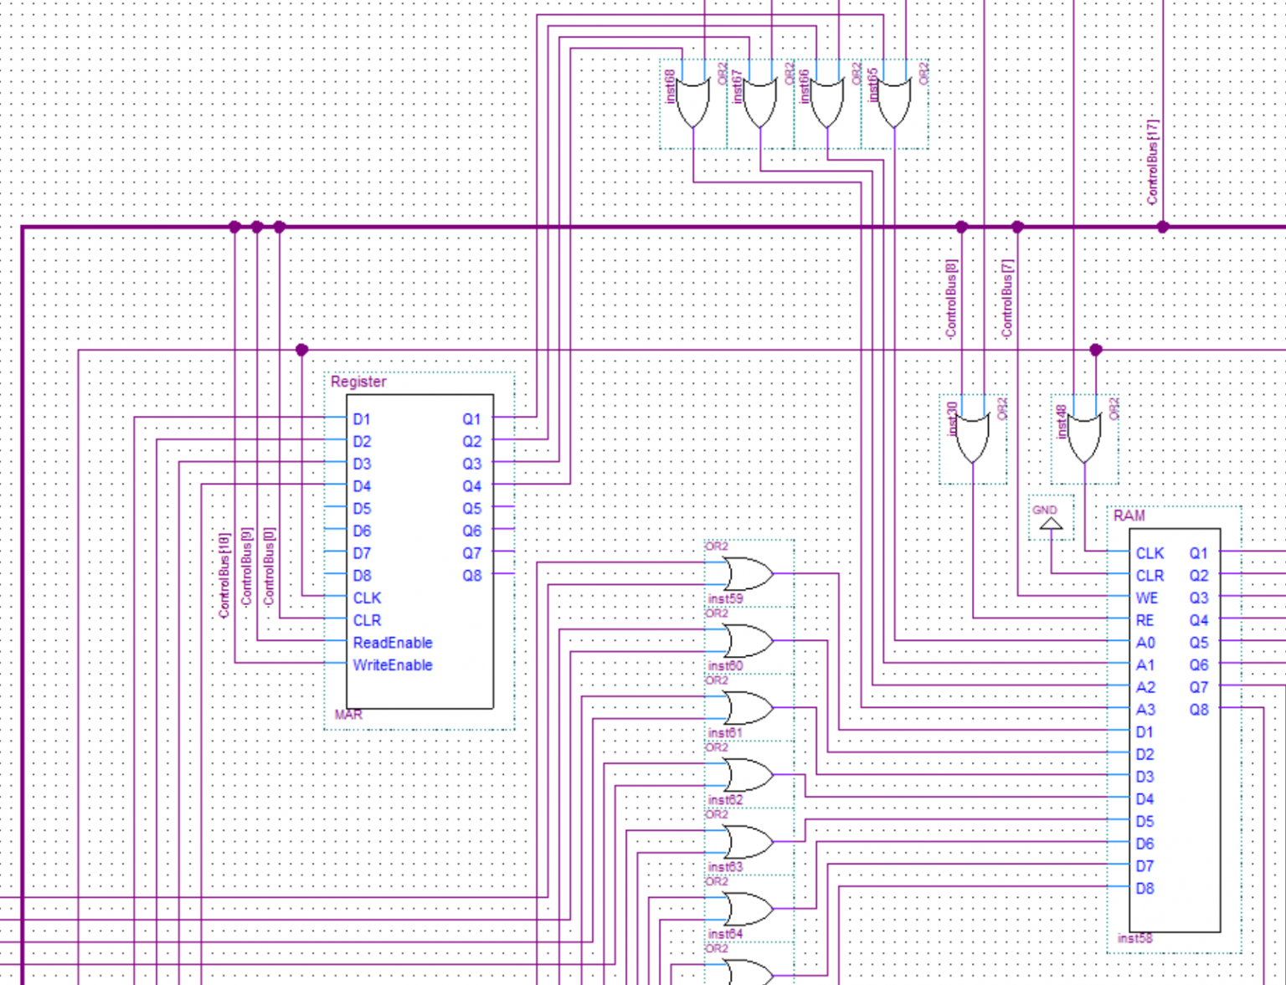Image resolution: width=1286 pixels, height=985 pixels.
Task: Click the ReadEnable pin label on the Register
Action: tap(392, 643)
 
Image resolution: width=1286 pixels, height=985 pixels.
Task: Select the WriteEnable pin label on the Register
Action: tap(392, 665)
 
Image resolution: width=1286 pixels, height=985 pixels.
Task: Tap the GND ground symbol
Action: tap(1051, 524)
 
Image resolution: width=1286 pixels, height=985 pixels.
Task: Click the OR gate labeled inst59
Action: tap(747, 574)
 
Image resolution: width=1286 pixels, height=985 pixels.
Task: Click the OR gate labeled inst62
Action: tap(747, 775)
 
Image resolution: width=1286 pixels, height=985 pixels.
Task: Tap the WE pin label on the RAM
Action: tap(1146, 598)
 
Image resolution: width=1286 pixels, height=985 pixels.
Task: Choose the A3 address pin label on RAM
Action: tap(1145, 710)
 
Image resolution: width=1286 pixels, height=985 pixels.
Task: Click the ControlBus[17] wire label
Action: tap(1153, 162)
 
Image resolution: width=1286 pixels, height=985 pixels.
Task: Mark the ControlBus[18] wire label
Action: tap(224, 576)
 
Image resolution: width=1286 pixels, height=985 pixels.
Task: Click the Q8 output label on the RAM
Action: tap(1199, 710)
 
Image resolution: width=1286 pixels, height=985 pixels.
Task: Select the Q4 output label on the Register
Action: tap(471, 486)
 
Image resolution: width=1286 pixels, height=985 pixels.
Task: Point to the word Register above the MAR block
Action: tap(358, 382)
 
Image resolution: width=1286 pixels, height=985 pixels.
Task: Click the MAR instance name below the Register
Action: tap(348, 715)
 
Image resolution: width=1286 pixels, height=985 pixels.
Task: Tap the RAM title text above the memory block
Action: tap(1129, 516)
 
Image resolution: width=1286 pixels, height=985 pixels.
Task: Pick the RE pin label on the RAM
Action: tap(1145, 620)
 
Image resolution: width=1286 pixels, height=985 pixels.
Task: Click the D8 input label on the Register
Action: tap(362, 576)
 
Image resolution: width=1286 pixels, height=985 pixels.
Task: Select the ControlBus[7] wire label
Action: tap(1007, 299)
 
